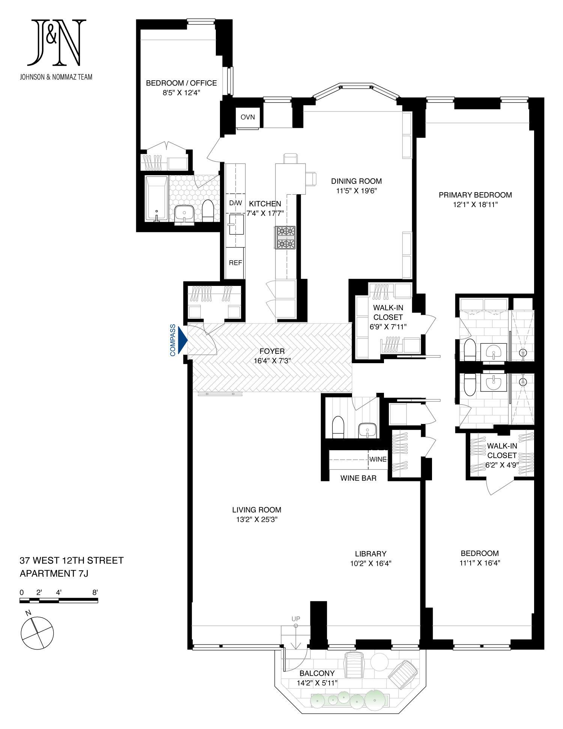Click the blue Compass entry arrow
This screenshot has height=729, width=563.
coord(183,340)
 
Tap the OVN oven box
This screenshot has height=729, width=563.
coord(248,117)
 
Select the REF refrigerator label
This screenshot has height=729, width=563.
coord(235,263)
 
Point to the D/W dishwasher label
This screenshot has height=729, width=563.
coord(235,203)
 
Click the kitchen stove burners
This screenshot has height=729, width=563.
coord(286,237)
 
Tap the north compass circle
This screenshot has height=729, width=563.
coord(37,633)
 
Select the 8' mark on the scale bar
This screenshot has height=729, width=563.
coord(95,592)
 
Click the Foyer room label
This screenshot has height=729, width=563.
coord(272,352)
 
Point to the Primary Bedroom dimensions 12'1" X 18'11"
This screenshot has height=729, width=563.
coord(475,205)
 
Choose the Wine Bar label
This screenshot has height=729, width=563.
coord(358,478)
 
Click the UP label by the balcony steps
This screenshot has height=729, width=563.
coord(296,619)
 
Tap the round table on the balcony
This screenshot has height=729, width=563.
coord(379,662)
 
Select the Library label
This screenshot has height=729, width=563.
coord(370,554)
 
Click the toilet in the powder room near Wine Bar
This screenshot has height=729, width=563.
coord(338,427)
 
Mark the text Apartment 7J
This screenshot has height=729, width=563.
coord(54,574)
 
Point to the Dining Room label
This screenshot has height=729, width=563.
coord(356,181)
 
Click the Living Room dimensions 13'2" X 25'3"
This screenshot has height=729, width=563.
coord(257,520)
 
